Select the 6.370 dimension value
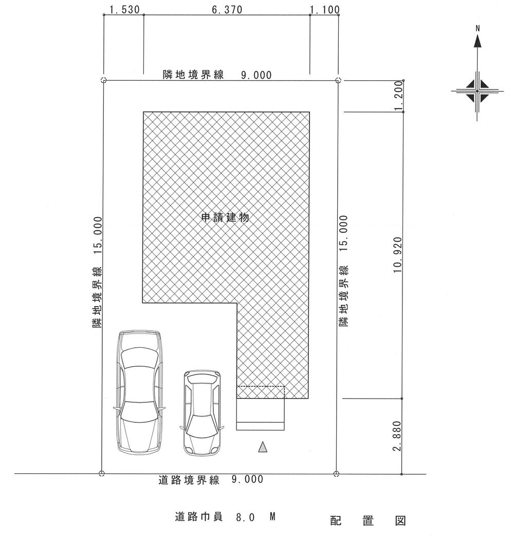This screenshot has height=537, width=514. click(x=227, y=10)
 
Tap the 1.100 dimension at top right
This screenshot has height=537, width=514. click(x=324, y=10)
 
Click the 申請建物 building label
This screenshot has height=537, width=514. click(x=225, y=218)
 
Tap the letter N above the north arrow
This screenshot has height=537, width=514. click(x=478, y=29)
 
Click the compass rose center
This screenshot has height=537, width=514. click(x=478, y=91)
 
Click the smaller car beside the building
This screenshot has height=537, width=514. click(x=204, y=413)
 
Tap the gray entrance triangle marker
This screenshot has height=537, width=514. click(x=263, y=447)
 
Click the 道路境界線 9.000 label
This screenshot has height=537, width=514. click(x=211, y=480)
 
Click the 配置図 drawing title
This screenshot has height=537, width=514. click(x=368, y=521)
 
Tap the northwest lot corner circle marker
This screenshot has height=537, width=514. click(x=103, y=80)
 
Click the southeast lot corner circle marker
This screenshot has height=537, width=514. click(x=337, y=474)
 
